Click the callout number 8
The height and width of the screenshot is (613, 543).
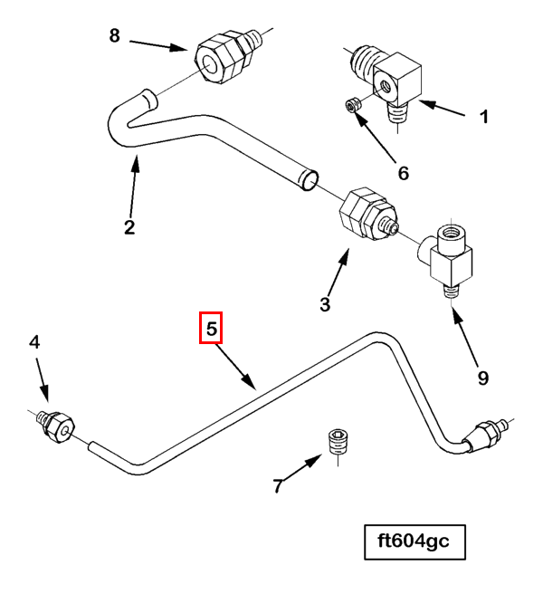114,35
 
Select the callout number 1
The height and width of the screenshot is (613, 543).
483,117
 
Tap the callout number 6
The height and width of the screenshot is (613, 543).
403,172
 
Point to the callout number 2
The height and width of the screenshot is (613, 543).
129,226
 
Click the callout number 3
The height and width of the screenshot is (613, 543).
325,304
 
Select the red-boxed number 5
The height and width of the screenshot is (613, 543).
211,329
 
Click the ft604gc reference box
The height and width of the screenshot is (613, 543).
414,543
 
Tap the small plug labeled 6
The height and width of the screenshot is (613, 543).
355,108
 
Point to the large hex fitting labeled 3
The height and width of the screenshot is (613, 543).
357,215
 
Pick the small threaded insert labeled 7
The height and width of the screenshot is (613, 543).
338,444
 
